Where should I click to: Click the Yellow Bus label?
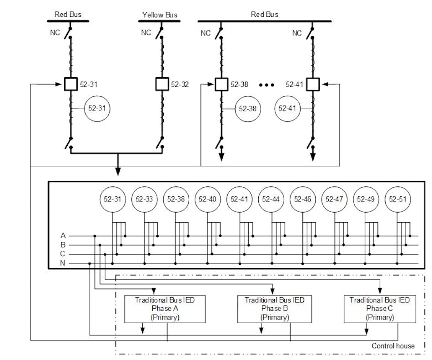[x=160, y=15]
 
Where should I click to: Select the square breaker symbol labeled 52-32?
[x=162, y=84]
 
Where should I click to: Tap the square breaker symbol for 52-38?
[x=221, y=84]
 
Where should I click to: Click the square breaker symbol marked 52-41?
[x=313, y=84]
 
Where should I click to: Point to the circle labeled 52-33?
[x=144, y=199]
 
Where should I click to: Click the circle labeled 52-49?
[x=366, y=199]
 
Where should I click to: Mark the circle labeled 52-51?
[x=397, y=199]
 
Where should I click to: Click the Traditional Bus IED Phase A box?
[x=166, y=309]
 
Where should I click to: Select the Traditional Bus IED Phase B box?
[x=275, y=309]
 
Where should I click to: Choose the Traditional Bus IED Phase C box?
[x=379, y=309]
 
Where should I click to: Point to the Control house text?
[x=393, y=346]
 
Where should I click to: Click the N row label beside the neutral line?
[x=63, y=264]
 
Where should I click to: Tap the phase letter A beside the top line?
[x=63, y=236]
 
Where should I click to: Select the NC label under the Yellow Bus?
[x=146, y=33]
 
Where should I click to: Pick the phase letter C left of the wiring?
[x=63, y=254]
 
